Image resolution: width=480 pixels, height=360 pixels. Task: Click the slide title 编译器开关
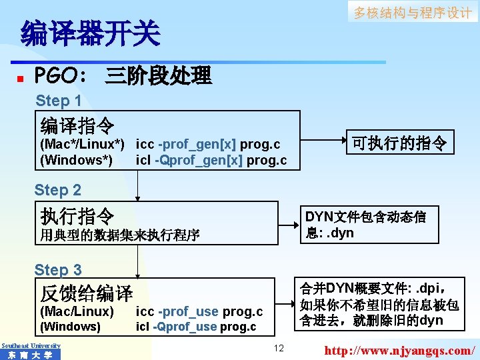pos(91,33)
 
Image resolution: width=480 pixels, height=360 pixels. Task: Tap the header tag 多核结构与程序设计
pos(412,13)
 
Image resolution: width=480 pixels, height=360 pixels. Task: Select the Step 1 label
pos(59,101)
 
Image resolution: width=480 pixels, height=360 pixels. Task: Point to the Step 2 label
pos(58,190)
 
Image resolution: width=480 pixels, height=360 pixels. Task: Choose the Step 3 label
pos(59,270)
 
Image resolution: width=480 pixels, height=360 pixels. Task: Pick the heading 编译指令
pos(77,125)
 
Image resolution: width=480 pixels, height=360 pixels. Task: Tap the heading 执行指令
pos(77,215)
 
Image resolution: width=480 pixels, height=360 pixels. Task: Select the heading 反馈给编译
pos(87,292)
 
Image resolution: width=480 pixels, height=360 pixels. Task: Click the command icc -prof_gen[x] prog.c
pos(208,145)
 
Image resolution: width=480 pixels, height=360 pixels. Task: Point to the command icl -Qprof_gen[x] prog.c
pos(211,161)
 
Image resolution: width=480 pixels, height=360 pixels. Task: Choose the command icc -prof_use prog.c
pos(199,311)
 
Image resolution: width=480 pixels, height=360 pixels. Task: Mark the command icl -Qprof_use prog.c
pos(196,327)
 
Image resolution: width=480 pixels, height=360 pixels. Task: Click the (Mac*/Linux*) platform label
pos(83,145)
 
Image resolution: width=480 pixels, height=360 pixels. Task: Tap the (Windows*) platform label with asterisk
pos(76,161)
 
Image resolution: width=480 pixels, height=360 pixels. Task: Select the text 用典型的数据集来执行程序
pos(120,235)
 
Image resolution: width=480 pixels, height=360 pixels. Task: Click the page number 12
pos(279,347)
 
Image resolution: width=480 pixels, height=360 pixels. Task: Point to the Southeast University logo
pos(31,351)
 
